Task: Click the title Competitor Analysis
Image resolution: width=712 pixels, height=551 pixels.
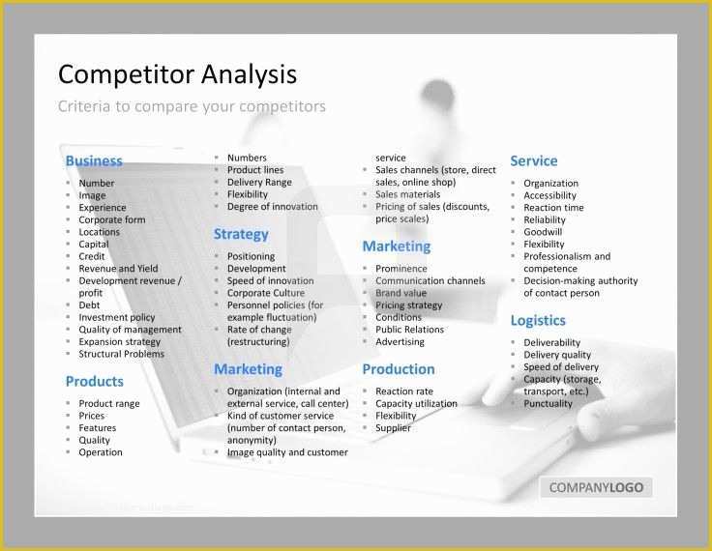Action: [177, 74]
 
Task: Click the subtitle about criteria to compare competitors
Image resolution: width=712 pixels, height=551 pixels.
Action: [192, 106]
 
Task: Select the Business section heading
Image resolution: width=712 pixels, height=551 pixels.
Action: [94, 160]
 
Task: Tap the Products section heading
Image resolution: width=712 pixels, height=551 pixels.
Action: [95, 381]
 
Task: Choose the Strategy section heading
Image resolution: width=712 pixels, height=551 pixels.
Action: [241, 234]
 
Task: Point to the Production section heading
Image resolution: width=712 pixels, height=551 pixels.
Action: [399, 369]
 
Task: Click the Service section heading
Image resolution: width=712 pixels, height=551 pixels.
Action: [534, 160]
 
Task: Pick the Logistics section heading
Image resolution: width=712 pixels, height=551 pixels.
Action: [538, 320]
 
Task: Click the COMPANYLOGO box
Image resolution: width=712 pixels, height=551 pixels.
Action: [596, 487]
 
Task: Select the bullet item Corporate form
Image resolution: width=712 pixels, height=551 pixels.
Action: [112, 219]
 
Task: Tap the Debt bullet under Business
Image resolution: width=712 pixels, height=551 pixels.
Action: [89, 304]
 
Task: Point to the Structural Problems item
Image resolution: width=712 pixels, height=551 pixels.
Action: [121, 354]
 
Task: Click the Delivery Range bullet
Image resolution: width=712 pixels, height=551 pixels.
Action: [259, 182]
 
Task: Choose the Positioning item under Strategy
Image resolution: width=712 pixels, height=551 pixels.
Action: [251, 256]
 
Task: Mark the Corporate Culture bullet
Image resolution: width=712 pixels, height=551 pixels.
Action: [265, 293]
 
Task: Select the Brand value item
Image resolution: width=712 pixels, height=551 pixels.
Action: [400, 293]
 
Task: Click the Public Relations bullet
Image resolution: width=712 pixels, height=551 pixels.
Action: [409, 330]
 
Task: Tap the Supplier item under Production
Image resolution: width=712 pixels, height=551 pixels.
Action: [393, 428]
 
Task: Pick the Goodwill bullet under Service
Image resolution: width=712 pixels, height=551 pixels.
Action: [544, 232]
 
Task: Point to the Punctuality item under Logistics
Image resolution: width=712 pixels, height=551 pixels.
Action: [548, 403]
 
